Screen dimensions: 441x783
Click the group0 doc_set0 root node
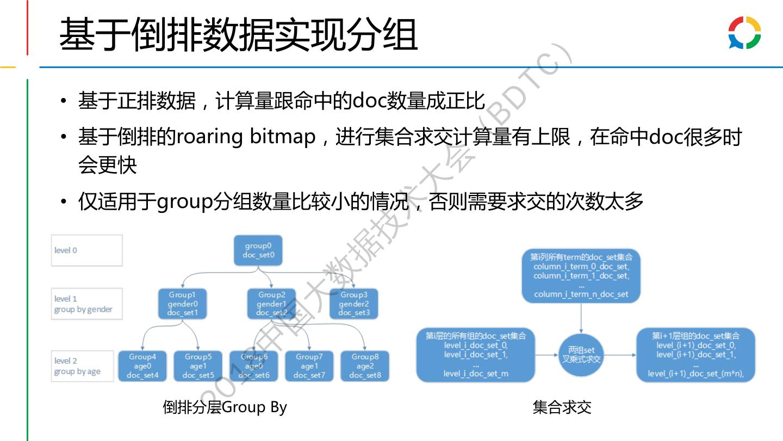258,250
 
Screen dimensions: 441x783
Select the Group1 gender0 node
183,304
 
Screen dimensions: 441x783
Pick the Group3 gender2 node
354,304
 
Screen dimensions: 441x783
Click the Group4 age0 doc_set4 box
142,366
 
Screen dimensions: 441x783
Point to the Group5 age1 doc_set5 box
198,366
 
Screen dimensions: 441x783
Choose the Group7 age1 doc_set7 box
309,366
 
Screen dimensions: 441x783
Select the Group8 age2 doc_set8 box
365,366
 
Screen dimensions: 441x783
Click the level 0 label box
86,250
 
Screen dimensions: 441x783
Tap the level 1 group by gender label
86,304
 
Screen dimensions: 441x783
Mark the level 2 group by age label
83,366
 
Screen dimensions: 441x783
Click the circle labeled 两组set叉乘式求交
581,354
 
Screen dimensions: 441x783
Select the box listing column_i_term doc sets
581,275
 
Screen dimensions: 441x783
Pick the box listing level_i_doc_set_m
476,355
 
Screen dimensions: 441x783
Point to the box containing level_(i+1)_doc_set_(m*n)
695,355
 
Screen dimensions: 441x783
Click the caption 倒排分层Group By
225,407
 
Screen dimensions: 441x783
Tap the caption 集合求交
562,407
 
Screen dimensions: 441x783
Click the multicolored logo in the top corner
744,33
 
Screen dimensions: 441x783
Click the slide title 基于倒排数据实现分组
238,34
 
